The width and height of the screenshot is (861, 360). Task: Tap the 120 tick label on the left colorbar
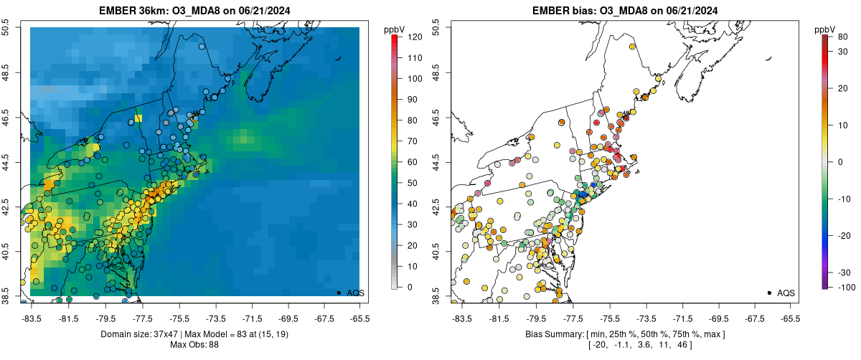pos(415,37)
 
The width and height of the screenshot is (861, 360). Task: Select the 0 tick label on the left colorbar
pos(410,287)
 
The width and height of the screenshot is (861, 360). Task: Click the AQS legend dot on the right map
pos(769,293)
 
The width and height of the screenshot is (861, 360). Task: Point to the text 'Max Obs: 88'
pos(194,345)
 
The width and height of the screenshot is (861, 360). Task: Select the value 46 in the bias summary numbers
pos(662,345)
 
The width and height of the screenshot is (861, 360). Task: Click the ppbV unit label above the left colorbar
pos(395,29)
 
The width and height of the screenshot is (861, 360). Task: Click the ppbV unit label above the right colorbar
pos(825,29)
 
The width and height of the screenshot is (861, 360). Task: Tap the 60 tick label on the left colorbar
pos(412,162)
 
